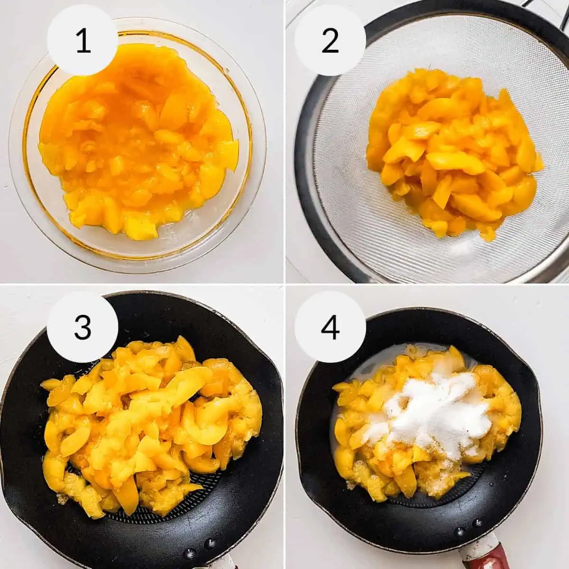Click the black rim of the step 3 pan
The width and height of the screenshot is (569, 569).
tap(24, 443)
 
